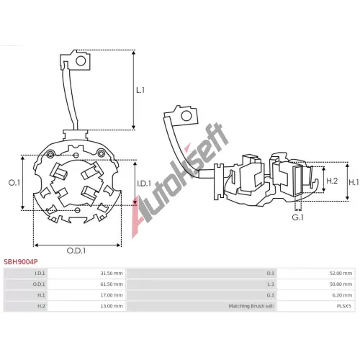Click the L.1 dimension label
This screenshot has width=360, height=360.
pos(140,90)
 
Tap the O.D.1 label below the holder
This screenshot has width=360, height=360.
pos(76,251)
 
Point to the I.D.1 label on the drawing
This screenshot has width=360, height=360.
pos(144,184)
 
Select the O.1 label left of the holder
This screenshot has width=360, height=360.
pos(14,183)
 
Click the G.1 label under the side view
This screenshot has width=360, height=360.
pos(298,217)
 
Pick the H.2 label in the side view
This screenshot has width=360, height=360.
pos(332,181)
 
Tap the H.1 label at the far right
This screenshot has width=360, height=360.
pos(354,183)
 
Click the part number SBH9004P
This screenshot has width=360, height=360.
pos(21,262)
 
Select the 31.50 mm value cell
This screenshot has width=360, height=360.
pos(86,274)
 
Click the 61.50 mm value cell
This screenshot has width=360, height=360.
pos(86,284)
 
